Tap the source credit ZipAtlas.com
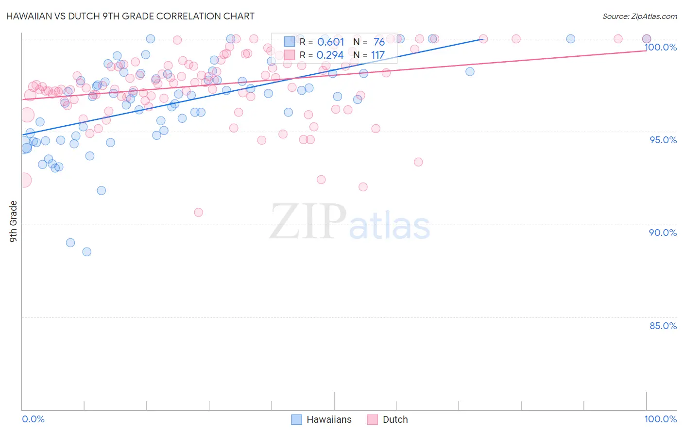(639, 17)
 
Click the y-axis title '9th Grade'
(14, 221)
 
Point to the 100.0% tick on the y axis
(661, 47)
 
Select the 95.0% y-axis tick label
(663, 140)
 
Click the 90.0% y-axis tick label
(663, 233)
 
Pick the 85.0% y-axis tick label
(663, 326)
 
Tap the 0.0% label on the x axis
(33, 419)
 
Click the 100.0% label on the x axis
(660, 419)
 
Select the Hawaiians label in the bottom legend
(329, 420)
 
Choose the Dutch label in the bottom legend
(395, 420)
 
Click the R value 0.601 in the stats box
(330, 42)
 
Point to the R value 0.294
(330, 55)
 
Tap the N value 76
(379, 42)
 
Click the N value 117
(378, 55)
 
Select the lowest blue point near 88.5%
(87, 251)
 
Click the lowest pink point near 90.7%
(198, 212)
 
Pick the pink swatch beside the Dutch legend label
(373, 420)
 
